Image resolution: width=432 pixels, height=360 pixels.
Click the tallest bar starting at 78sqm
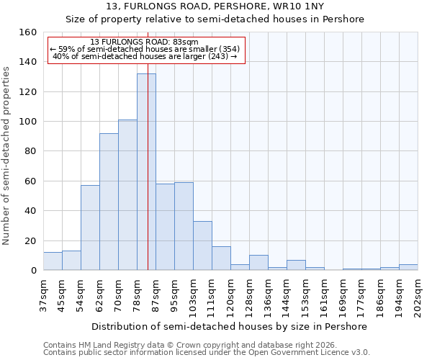(x=146, y=172)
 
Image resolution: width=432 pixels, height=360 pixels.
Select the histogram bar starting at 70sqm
(x=127, y=195)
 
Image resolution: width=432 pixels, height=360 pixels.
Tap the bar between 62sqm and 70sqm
(x=109, y=202)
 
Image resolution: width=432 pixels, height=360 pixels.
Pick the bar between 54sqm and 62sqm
(x=90, y=228)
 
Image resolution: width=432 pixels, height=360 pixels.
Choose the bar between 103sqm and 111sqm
(x=202, y=246)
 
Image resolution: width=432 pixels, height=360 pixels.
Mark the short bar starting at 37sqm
(x=53, y=261)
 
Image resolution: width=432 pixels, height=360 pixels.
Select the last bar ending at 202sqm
(x=408, y=267)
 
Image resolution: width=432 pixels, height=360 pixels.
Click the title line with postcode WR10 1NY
(x=215, y=6)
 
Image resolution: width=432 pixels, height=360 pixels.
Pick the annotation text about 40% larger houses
(x=145, y=56)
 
